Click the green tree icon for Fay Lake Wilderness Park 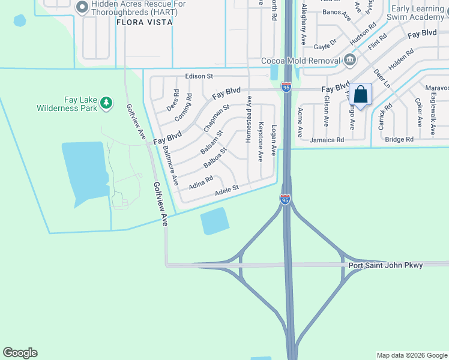point(106,103)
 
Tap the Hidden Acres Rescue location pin point(83,7)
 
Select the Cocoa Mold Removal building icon point(350,60)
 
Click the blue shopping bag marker point(361,95)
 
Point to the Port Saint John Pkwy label point(385,265)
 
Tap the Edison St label point(199,76)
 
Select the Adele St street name point(227,189)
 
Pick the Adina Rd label point(201,182)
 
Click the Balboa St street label point(215,157)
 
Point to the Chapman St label point(216,118)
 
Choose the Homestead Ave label point(249,124)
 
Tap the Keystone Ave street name point(261,142)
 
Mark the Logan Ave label point(274,140)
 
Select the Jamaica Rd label point(327,140)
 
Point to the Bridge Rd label point(399,139)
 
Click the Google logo point(20,353)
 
